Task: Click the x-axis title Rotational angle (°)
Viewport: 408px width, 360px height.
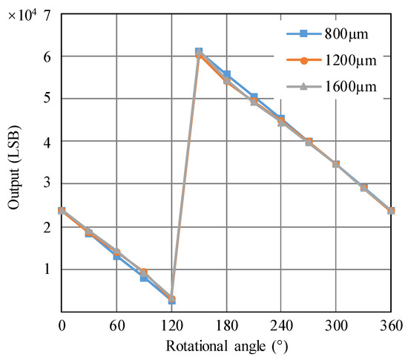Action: point(226,346)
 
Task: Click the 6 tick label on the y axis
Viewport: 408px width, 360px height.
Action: point(47,56)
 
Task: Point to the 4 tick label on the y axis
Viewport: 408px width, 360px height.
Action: point(47,141)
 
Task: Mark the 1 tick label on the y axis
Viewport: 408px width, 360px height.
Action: point(47,269)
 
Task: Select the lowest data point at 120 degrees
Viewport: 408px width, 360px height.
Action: point(171,299)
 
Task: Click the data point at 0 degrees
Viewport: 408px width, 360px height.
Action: point(62,211)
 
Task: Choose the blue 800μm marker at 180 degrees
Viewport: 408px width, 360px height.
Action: point(226,74)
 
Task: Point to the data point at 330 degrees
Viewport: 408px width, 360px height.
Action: point(363,188)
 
